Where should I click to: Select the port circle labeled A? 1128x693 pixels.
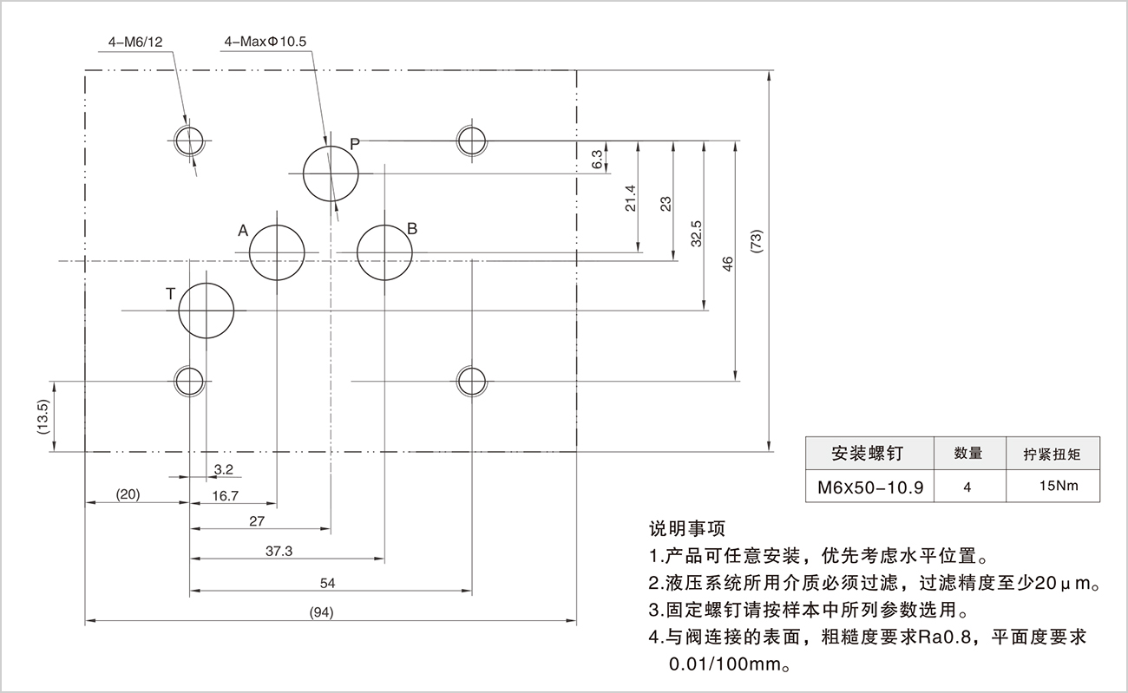coord(277,252)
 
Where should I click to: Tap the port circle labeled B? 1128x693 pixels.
coord(384,252)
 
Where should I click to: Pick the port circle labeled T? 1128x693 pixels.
coord(207,311)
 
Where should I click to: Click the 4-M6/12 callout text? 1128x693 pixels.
coord(134,41)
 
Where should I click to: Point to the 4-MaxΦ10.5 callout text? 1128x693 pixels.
coord(266,41)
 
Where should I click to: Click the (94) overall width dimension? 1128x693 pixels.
coord(321,613)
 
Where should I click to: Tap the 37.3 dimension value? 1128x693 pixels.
coord(279,551)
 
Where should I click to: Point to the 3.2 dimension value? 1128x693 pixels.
coord(223,469)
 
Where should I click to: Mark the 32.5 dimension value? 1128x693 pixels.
coord(697,235)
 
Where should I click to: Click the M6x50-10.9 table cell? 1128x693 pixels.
coord(869,487)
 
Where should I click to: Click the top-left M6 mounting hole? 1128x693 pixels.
coord(188,139)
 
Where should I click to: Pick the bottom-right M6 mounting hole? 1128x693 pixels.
coord(472,379)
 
